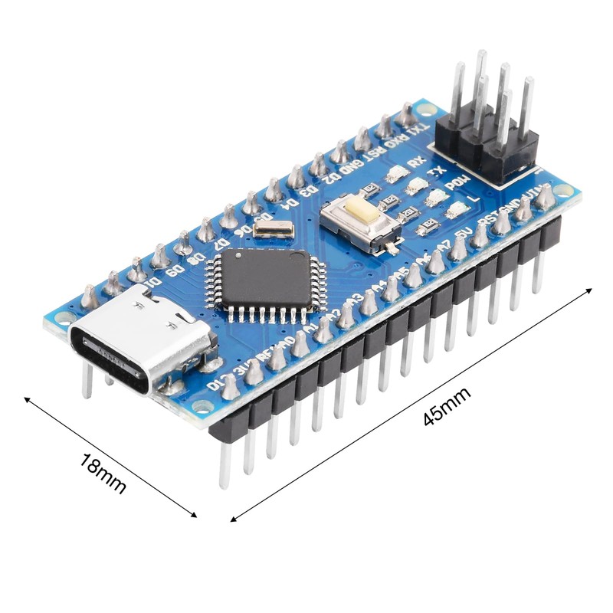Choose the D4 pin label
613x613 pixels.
pyautogui.click(x=291, y=202)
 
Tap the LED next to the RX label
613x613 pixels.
pyautogui.click(x=398, y=174)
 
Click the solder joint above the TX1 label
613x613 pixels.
pyautogui.click(x=405, y=116)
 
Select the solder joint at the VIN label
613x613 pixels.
pyautogui.click(x=545, y=198)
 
